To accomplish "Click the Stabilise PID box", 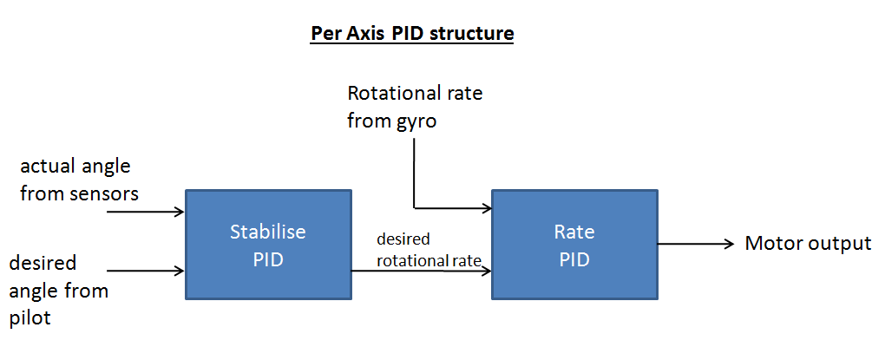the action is click(x=268, y=245).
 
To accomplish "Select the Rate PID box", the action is click(x=574, y=245).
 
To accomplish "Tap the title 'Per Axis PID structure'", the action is click(x=412, y=33).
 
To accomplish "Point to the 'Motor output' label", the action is click(x=809, y=244).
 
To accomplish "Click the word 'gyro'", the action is click(x=414, y=122).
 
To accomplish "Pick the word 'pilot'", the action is click(x=29, y=317).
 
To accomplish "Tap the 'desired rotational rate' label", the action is click(x=429, y=250).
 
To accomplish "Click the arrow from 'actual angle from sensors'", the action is click(x=146, y=212).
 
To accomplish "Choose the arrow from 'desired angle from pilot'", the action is click(x=146, y=271).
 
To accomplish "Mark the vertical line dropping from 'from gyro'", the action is click(x=414, y=173).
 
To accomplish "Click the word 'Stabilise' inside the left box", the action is click(x=268, y=232).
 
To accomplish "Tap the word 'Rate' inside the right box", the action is click(x=574, y=232).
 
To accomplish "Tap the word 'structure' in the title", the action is click(x=472, y=33).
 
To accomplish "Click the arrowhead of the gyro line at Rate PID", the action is click(x=487, y=208).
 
